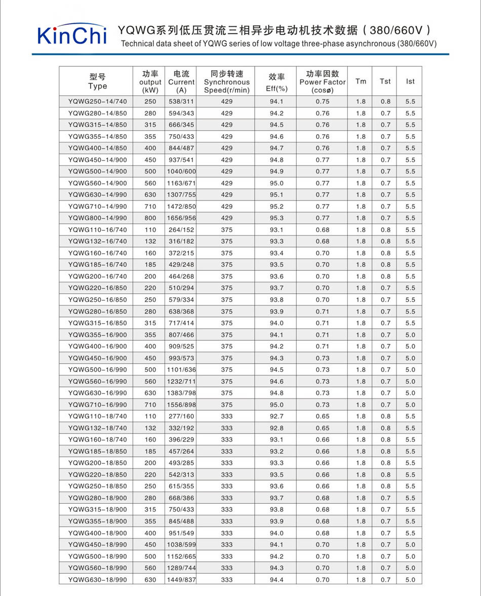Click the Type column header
[98, 81]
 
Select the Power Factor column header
[323, 82]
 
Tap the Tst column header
[385, 81]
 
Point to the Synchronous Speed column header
[227, 82]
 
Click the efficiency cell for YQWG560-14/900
[276, 183]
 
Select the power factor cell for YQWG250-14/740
[323, 101]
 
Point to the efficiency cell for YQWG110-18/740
[276, 416]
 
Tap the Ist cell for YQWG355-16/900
[410, 335]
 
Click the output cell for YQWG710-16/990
[150, 405]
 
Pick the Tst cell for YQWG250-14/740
[385, 101]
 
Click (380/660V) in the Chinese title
[400, 29]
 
